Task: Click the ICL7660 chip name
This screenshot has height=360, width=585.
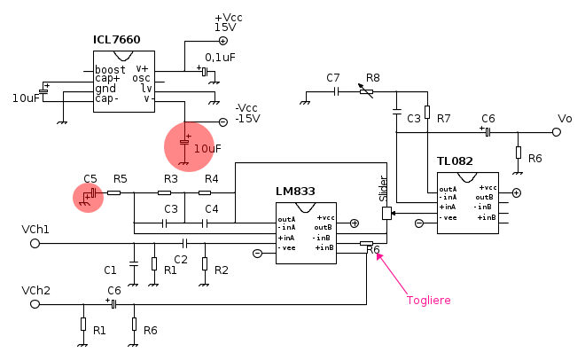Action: [117, 40]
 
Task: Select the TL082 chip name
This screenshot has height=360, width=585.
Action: [455, 161]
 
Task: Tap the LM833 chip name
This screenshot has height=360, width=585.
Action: [295, 191]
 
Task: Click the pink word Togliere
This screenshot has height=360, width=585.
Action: [429, 301]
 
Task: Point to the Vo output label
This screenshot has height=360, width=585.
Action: [565, 118]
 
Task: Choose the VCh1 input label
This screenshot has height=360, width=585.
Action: [35, 230]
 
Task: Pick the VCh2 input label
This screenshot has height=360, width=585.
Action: [35, 291]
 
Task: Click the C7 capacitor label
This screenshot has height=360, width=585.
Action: [333, 78]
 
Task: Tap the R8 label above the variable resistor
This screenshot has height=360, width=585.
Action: [372, 78]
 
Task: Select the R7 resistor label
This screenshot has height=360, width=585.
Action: [444, 118]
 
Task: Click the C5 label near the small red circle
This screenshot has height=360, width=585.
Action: [90, 179]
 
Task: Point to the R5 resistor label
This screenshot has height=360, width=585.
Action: [121, 179]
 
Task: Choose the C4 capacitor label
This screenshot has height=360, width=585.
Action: [212, 209]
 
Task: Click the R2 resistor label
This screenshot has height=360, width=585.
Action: [222, 270]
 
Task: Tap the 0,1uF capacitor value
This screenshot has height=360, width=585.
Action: [220, 58]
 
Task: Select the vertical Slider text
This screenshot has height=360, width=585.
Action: [384, 189]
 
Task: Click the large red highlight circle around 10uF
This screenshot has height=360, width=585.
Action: [188, 145]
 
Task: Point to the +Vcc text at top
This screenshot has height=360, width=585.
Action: [229, 18]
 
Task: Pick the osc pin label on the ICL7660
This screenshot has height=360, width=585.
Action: [142, 78]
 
